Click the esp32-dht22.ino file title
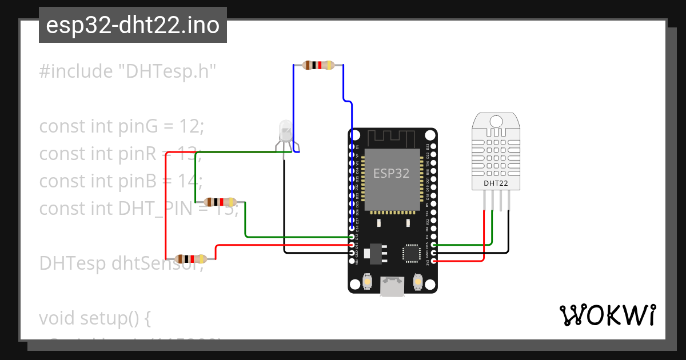click(133, 25)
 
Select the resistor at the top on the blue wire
click(318, 65)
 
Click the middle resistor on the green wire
click(220, 202)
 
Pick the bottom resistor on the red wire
click(190, 259)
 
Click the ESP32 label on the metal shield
click(392, 173)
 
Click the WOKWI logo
click(607, 315)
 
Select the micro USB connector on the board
click(392, 287)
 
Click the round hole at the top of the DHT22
click(496, 121)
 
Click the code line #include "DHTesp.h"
click(128, 71)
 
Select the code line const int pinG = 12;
click(121, 126)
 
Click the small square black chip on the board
click(411, 253)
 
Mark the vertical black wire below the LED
click(285, 206)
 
